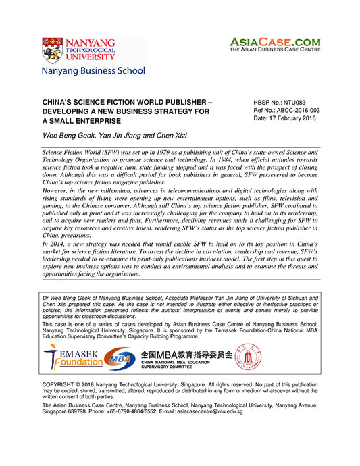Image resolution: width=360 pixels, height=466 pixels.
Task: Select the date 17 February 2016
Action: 294,118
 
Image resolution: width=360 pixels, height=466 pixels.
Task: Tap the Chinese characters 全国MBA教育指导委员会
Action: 186,354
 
